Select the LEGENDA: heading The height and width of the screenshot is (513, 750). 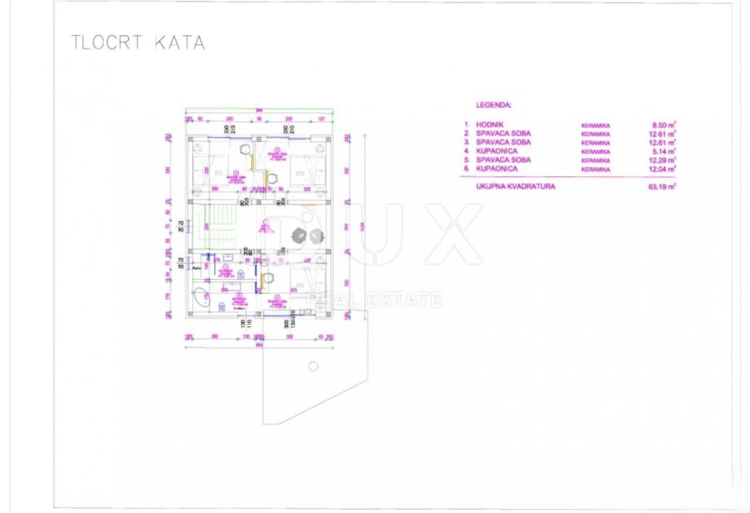point(493,106)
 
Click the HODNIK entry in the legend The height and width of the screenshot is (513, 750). point(492,125)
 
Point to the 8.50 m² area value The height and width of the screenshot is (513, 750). point(665,125)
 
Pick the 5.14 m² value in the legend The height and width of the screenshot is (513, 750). point(665,151)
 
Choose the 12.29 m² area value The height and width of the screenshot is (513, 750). point(664,160)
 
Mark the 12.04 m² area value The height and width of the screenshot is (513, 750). point(664,169)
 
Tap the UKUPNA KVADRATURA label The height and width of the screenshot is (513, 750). point(516,187)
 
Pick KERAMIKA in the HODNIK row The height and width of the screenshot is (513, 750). point(595,125)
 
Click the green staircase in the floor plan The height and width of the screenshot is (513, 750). point(220,221)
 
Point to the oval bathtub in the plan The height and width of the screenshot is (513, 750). point(201,299)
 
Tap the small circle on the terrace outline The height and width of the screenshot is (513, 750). point(313,366)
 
